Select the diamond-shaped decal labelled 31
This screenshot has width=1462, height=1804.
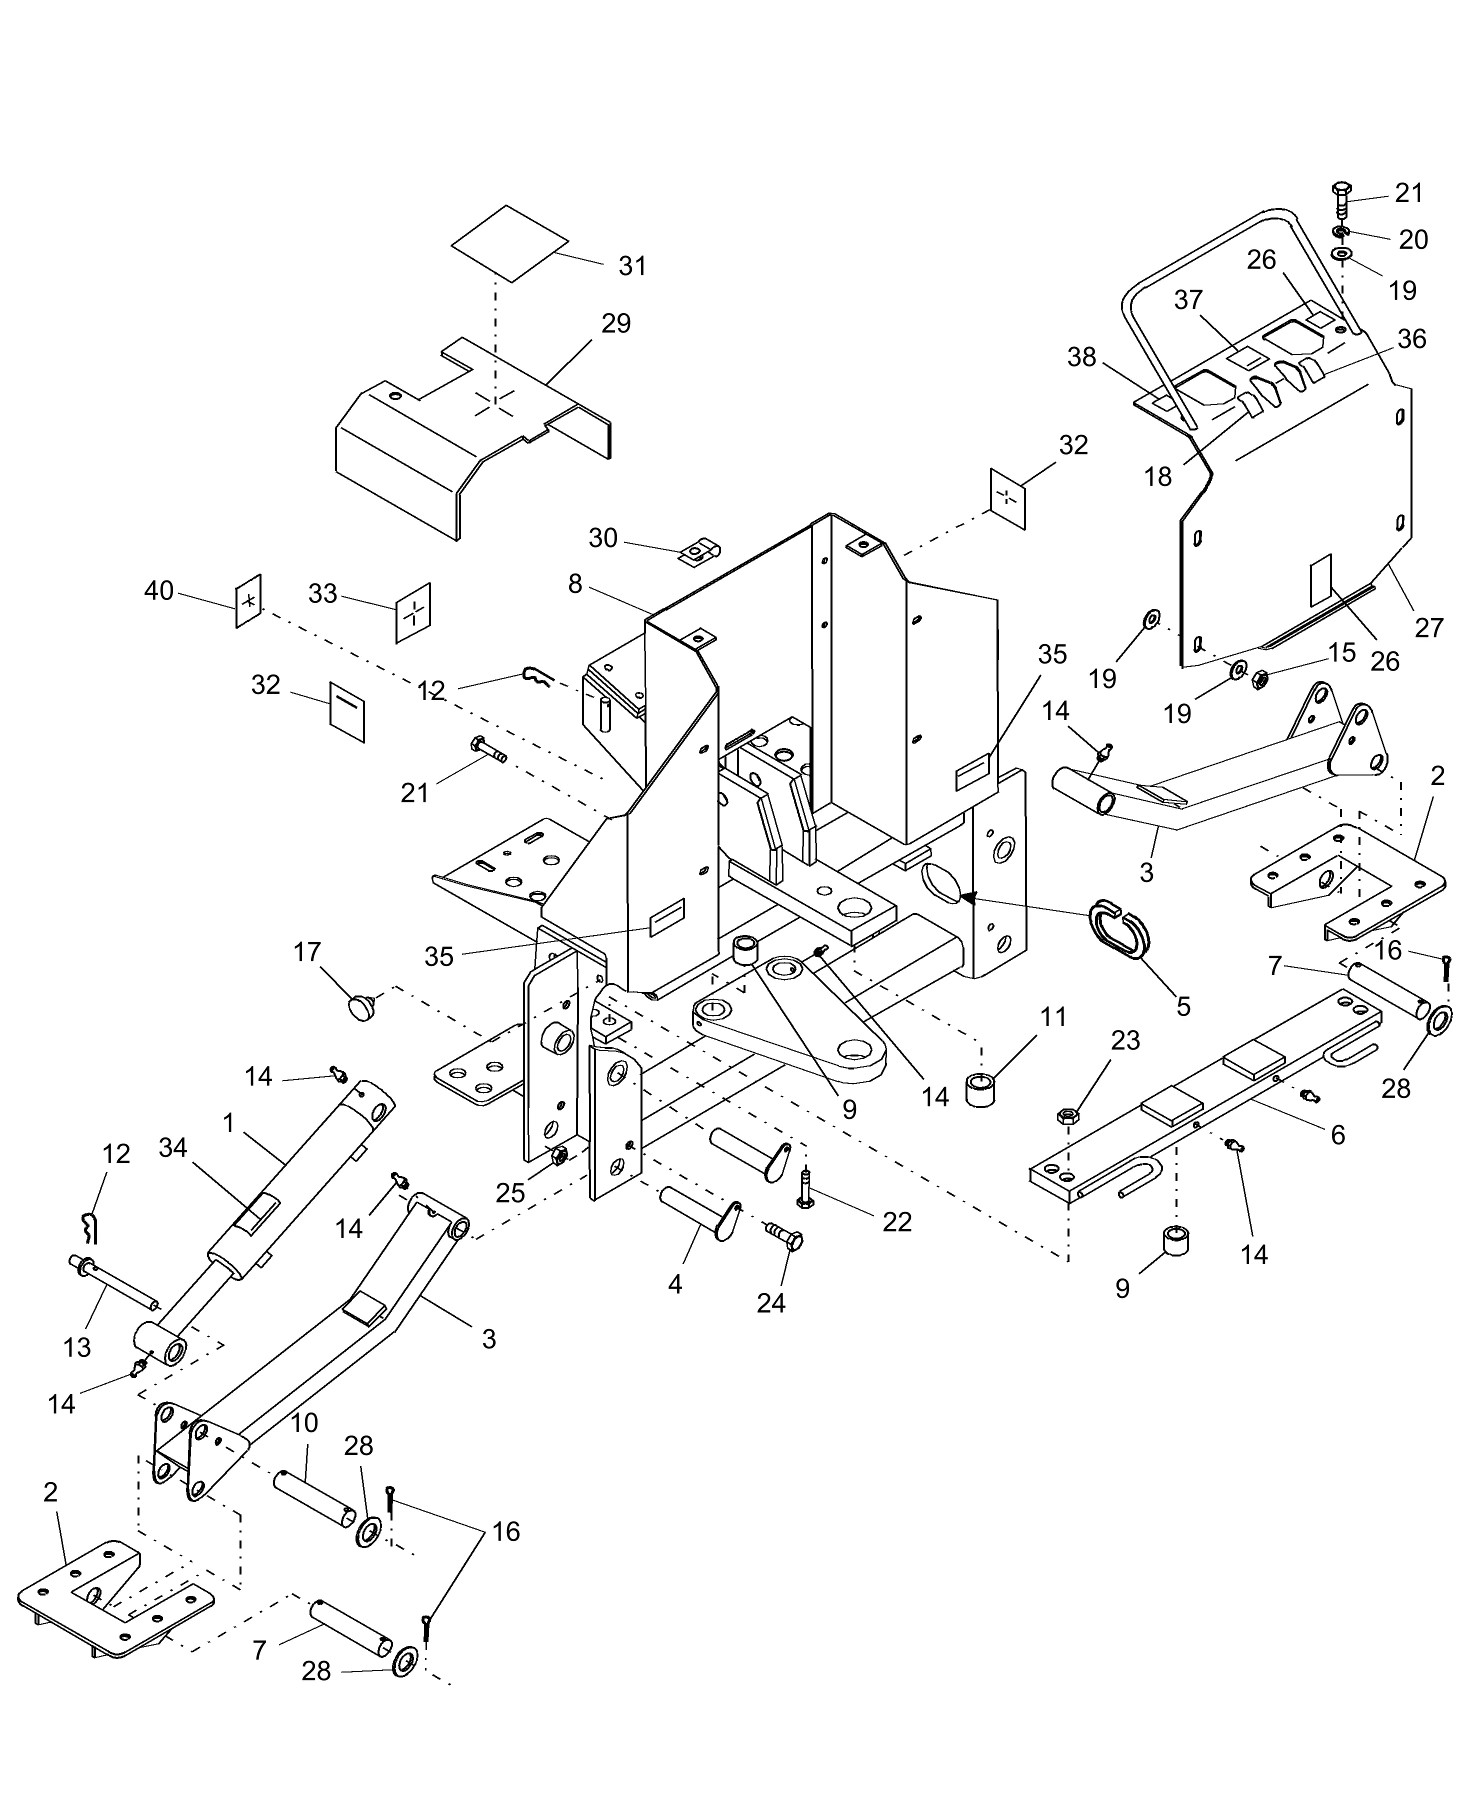point(509,243)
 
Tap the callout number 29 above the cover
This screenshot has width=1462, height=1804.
point(615,323)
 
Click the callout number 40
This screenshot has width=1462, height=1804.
point(158,590)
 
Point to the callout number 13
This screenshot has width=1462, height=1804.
point(76,1347)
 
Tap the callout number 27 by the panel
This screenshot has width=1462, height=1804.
point(1428,627)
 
